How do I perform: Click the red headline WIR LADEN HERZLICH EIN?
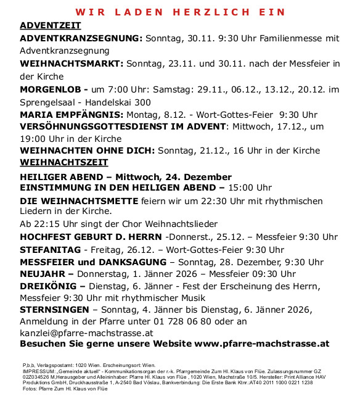pos(180,12)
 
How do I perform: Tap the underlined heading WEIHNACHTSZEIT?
pos(64,162)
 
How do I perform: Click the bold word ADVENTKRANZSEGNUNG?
pos(81,38)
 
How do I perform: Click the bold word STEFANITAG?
pos(51,250)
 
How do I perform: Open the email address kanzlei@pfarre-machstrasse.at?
pos(86,332)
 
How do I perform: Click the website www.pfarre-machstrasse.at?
pos(261,344)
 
